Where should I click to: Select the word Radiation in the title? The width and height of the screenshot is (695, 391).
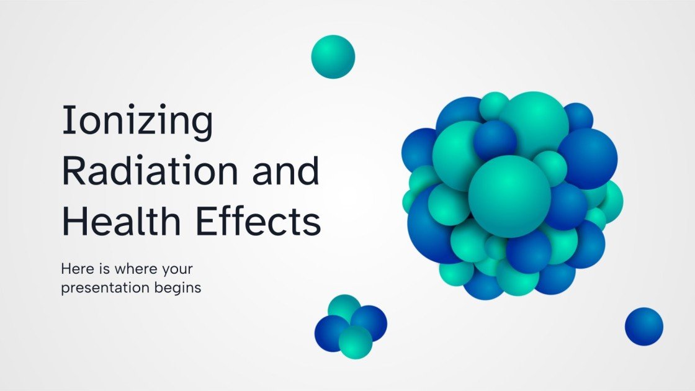click(x=151, y=172)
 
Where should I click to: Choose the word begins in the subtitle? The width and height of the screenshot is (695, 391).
click(x=180, y=288)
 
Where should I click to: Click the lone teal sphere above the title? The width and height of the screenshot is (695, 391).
click(x=333, y=56)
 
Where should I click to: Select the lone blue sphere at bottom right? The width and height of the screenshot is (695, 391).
click(x=643, y=326)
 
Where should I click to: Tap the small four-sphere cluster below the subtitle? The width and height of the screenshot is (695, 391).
click(x=351, y=326)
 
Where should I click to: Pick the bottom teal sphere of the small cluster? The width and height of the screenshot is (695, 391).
click(x=355, y=341)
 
